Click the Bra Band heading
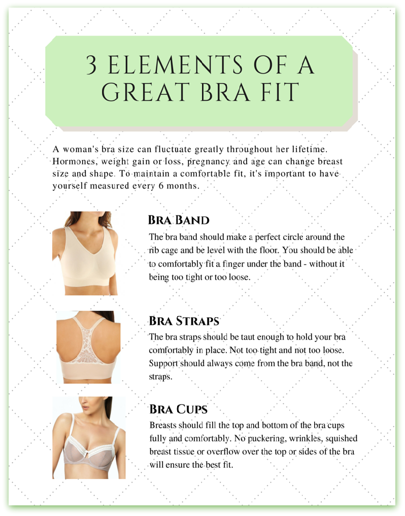[x=179, y=220]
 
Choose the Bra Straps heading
[x=184, y=321]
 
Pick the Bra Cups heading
[x=178, y=409]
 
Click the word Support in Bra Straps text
[x=163, y=363]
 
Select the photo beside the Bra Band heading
[x=85, y=253]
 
